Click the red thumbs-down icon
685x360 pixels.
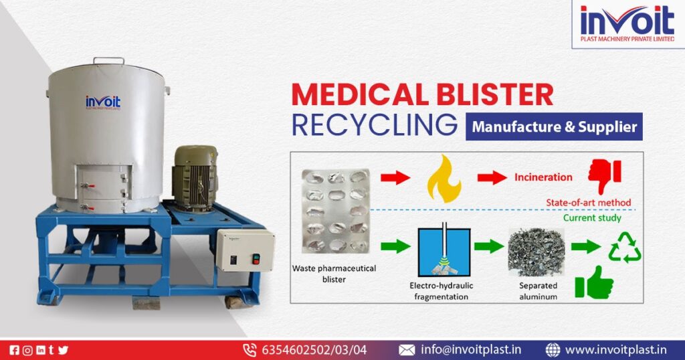pyautogui.click(x=605, y=177)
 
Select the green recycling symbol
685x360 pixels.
pyautogui.click(x=625, y=248)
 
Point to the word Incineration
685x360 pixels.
pyautogui.click(x=543, y=177)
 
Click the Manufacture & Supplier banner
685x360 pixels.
pyautogui.click(x=554, y=126)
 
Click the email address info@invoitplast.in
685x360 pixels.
pyautogui.click(x=470, y=349)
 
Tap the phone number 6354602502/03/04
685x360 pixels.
pyautogui.click(x=313, y=349)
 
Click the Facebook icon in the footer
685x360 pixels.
pyautogui.click(x=15, y=349)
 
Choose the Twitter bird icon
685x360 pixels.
pyautogui.click(x=64, y=349)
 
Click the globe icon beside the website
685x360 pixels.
pyautogui.click(x=553, y=349)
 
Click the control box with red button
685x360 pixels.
pyautogui.click(x=245, y=251)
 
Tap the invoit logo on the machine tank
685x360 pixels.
pyautogui.click(x=103, y=102)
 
